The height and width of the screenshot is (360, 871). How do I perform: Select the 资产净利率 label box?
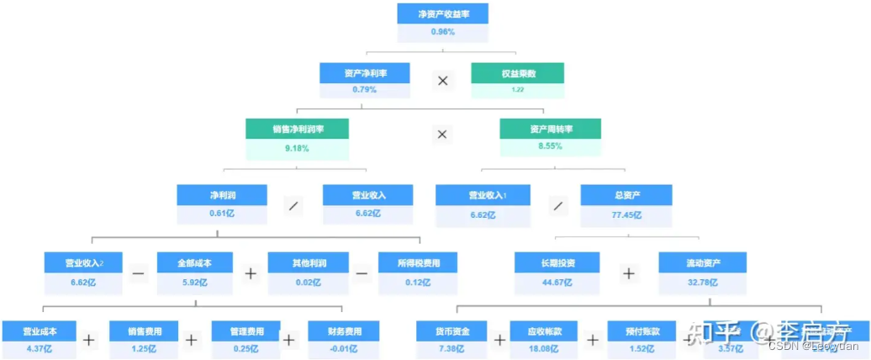click(x=365, y=73)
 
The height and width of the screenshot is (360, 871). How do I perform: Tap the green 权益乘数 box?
click(x=518, y=73)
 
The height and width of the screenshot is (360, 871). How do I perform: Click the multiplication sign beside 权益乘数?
click(x=442, y=81)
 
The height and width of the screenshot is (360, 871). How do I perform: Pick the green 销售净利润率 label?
click(x=298, y=130)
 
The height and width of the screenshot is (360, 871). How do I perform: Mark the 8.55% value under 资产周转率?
click(x=551, y=147)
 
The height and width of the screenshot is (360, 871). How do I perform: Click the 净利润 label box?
click(x=222, y=195)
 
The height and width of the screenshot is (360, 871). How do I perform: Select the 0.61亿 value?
click(x=222, y=214)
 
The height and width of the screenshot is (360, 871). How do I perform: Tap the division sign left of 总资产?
click(x=557, y=204)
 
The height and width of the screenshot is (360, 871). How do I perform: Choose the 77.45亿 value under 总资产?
click(x=626, y=214)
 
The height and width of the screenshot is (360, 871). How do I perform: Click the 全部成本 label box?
click(x=195, y=262)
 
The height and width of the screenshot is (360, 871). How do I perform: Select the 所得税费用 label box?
click(x=419, y=262)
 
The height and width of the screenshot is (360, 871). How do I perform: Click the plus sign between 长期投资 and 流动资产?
click(x=629, y=273)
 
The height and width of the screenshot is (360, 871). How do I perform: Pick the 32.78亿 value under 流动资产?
click(x=702, y=282)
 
